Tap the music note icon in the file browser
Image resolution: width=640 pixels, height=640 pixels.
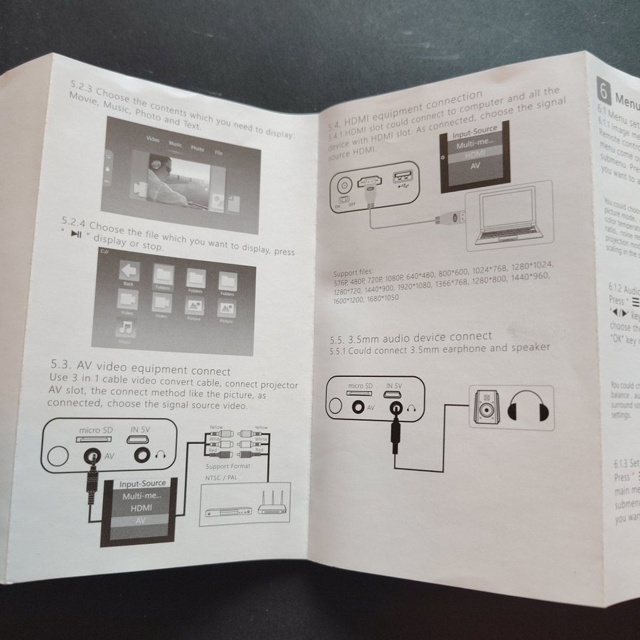coord(126,329)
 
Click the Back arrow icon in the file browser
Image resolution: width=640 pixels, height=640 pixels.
coord(129,271)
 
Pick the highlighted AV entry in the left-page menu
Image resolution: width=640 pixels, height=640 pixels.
coord(140,521)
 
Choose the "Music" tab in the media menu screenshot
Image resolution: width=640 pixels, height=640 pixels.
coord(175,144)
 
